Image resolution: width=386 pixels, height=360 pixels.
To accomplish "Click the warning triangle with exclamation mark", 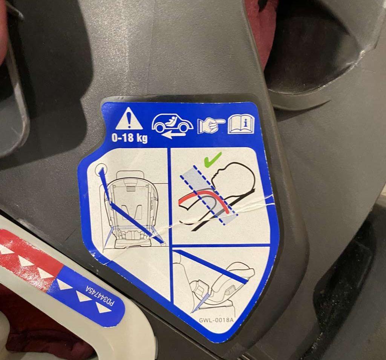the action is point(129,119).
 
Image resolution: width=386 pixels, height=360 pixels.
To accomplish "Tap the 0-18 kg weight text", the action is point(130,138).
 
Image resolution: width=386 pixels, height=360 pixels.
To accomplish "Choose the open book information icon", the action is point(241,125).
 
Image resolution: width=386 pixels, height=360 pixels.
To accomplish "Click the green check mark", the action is point(213,159).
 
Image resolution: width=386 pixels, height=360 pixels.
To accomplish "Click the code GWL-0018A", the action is point(216,320).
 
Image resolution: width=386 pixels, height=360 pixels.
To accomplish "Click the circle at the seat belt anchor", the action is point(101,170).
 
